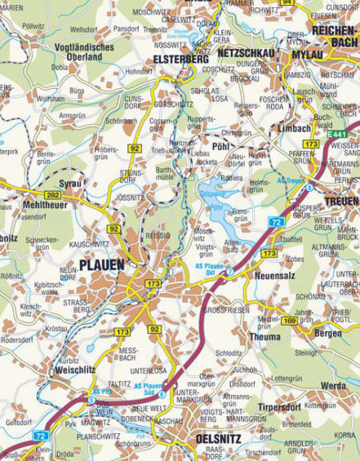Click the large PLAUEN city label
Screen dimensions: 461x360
[x=102, y=264]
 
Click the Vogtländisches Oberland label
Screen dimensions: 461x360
[x=82, y=52]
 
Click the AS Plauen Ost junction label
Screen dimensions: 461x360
[x=211, y=268]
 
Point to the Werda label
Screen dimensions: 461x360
[x=332, y=385]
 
